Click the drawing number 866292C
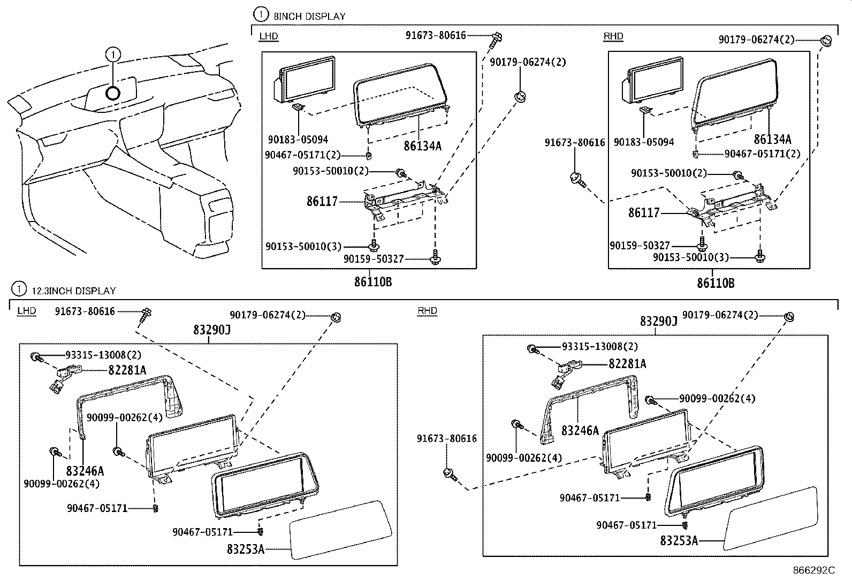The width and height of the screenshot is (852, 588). [813, 570]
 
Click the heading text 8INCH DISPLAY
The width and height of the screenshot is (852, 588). [309, 16]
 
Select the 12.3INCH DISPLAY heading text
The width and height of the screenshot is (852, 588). [74, 291]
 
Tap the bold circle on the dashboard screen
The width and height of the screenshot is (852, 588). [113, 93]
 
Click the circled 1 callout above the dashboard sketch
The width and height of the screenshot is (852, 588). [113, 54]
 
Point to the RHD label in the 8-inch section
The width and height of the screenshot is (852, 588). [613, 36]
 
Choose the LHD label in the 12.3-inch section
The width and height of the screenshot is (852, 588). [27, 311]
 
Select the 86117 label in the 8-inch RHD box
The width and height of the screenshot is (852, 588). [644, 213]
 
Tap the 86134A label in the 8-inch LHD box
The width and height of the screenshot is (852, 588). [422, 145]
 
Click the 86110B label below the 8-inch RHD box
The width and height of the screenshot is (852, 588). [716, 283]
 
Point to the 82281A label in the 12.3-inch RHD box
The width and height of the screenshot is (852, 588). [627, 364]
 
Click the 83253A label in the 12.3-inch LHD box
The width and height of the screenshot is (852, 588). [246, 549]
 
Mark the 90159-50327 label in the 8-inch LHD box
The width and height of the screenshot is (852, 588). [373, 259]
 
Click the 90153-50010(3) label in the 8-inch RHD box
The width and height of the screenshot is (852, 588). [691, 257]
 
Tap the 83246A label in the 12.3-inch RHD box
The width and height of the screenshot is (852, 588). [580, 430]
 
